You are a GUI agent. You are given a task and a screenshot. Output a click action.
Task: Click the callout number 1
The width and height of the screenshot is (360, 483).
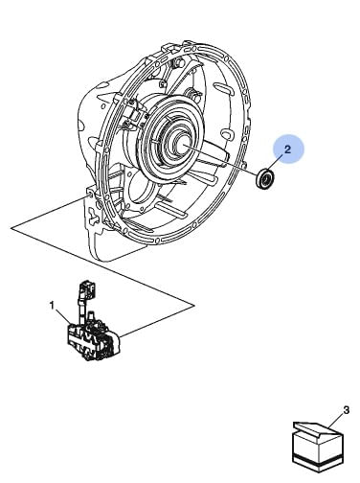point(52,306)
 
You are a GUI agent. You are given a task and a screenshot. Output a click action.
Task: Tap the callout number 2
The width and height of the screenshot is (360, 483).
point(287,149)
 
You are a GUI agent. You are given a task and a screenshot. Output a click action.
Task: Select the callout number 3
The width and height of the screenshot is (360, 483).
point(347,410)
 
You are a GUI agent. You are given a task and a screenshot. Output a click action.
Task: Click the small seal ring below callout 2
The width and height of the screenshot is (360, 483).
point(265,180)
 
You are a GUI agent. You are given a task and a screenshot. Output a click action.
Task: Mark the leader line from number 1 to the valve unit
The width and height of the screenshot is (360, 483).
point(63,317)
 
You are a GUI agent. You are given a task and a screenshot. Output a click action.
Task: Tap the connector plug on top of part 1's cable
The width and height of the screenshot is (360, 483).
point(87,288)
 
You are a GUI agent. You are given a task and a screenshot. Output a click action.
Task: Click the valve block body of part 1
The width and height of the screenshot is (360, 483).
point(93,341)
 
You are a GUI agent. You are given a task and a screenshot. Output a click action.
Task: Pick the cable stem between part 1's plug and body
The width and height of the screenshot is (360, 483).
point(81,310)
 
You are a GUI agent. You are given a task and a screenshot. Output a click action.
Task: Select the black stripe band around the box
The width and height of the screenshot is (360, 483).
point(318,460)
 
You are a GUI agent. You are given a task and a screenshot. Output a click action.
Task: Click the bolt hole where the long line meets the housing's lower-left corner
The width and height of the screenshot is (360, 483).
point(90,194)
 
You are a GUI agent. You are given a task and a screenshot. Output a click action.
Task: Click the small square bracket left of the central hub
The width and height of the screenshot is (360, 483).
point(133,111)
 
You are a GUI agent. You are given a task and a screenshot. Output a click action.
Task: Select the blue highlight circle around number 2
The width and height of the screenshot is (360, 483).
point(288,149)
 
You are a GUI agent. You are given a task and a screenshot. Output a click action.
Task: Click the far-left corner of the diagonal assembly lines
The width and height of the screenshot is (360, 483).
point(11,228)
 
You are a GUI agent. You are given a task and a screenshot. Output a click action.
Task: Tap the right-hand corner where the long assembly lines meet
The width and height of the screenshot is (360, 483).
point(194,306)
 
